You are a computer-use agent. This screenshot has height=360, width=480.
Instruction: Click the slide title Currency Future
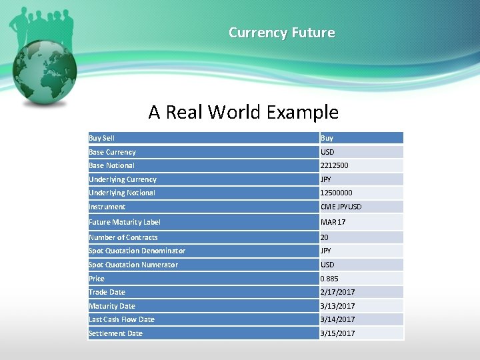pos(281,32)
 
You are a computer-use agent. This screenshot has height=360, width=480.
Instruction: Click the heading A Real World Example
pos(243,112)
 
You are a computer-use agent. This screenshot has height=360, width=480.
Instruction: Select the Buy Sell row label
pos(101,138)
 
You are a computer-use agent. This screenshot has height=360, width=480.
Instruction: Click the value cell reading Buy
pos(327,138)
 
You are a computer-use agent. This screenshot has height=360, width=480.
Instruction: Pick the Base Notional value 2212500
pos(335,165)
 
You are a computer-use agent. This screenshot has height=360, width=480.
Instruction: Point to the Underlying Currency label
pos(123,179)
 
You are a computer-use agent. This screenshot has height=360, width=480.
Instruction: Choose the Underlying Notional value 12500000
pos(337,193)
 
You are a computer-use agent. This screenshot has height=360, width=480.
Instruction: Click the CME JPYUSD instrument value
pos(341,207)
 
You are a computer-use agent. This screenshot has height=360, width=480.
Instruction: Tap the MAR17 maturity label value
pos(333,222)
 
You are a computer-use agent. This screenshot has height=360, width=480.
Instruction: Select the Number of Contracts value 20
pos(325,237)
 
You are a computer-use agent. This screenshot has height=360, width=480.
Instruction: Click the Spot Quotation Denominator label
pos(137,251)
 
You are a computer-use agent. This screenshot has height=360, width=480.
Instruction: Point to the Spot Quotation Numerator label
pos(133,265)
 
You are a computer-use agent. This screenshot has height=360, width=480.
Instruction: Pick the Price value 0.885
pos(329,279)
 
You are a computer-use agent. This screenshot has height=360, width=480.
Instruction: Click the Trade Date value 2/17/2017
pos(338,292)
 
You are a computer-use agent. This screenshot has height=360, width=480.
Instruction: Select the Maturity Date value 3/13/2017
pos(338,306)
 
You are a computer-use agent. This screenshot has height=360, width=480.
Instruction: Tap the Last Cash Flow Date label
pos(121,319)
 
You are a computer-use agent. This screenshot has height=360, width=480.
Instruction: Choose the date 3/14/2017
pos(338,319)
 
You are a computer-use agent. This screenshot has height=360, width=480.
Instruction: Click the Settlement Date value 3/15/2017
pos(338,333)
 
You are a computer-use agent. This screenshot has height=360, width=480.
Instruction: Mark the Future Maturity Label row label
pos(125,222)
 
